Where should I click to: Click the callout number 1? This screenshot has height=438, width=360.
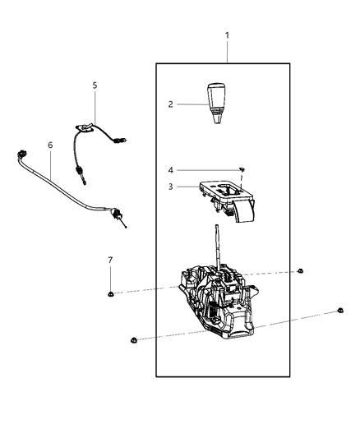coord(228,35)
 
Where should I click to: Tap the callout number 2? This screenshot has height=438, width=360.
coord(170,104)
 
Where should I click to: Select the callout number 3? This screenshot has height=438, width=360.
coord(170,187)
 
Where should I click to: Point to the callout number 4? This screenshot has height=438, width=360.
coord(170,170)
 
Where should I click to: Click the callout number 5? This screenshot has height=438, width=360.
coord(95,85)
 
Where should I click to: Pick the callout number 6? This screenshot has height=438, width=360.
coord(50,145)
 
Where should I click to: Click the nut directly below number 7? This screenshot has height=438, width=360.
coord(110,293)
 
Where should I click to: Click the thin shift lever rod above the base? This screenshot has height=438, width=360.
coord(217,247)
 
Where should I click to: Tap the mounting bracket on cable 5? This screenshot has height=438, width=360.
coord(84,127)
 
